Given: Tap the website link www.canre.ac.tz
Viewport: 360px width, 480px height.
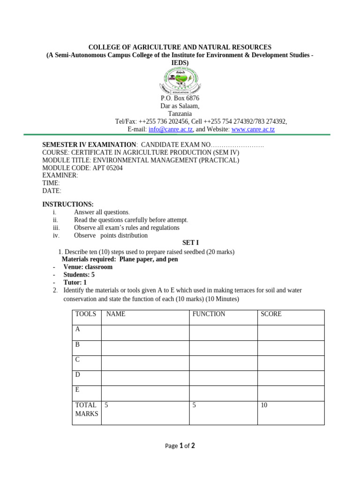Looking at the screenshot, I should (253, 129).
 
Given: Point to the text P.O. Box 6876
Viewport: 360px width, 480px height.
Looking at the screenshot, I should (180, 98).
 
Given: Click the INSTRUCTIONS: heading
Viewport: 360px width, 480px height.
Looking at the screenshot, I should (68, 204).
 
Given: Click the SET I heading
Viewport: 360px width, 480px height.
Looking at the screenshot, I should (190, 243).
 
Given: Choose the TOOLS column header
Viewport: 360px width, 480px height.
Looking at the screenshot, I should (86, 314).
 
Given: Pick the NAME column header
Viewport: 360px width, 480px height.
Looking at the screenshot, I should (116, 314).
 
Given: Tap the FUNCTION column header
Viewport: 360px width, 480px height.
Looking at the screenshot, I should (209, 314).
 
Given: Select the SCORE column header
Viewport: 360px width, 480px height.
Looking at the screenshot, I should (271, 314).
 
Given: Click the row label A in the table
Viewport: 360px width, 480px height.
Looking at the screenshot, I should (78, 329).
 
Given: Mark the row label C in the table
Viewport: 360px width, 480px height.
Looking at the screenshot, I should (78, 360).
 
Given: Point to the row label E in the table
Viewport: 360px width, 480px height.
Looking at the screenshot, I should (78, 390).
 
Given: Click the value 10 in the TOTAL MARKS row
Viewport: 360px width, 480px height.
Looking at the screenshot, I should (264, 405).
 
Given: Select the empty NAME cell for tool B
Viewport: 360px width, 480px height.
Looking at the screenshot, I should (145, 348).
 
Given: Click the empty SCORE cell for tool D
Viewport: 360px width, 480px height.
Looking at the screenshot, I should (291, 378).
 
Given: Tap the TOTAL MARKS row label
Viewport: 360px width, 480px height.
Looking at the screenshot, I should (87, 409).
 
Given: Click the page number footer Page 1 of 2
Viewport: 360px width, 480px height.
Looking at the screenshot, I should (180, 446).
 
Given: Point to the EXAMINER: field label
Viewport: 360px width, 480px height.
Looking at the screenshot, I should (60, 175).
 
